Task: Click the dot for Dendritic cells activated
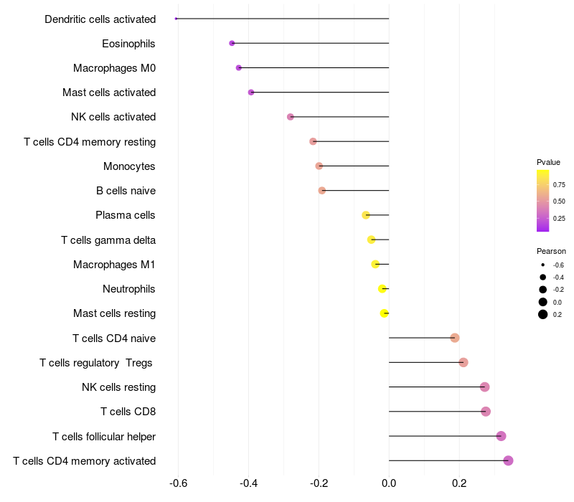[x=176, y=19]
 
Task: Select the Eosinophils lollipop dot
[x=232, y=43]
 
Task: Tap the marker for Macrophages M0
[x=239, y=67]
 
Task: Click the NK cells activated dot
[x=291, y=117]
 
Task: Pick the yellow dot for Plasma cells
[x=366, y=215]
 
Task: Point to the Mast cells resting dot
[x=384, y=313]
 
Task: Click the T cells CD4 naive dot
[x=455, y=338]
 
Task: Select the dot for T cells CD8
[x=486, y=411]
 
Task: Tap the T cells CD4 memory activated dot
[x=508, y=460]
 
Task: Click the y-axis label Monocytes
[x=129, y=166]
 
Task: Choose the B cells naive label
[x=126, y=191]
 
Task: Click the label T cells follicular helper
[x=104, y=437]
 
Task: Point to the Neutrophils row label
[x=129, y=289]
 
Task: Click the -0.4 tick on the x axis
[x=248, y=483]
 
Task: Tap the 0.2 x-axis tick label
[x=459, y=483]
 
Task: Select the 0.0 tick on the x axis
[x=389, y=483]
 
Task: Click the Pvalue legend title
[x=548, y=163]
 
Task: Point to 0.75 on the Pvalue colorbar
[x=559, y=185]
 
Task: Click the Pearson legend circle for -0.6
[x=543, y=265]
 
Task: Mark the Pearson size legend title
[x=551, y=252]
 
